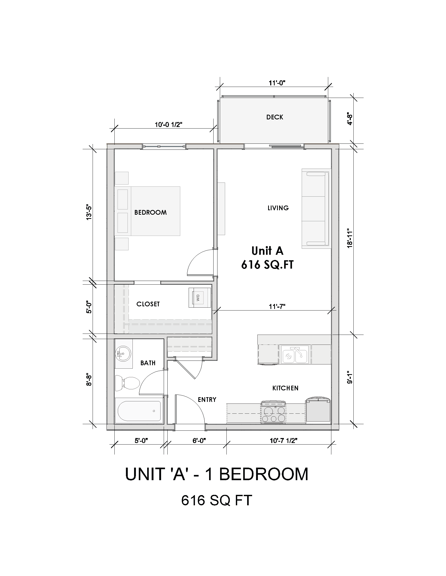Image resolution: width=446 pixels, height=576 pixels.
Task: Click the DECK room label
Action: click(x=274, y=117)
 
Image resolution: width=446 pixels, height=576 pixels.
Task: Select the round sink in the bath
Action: click(x=123, y=353)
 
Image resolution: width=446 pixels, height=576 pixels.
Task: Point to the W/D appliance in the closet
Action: click(x=199, y=298)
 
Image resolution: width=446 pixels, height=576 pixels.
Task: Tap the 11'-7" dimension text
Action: click(x=277, y=307)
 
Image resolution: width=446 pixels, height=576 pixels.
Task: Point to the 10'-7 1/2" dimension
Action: click(x=284, y=441)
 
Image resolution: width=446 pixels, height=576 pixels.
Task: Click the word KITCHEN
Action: click(x=285, y=388)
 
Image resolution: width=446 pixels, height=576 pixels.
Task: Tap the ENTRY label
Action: click(x=207, y=400)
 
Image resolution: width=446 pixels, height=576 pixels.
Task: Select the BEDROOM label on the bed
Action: click(x=151, y=212)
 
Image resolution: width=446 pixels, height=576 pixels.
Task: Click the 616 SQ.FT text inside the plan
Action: click(x=267, y=265)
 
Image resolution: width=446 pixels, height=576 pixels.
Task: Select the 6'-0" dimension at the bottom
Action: click(x=199, y=441)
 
